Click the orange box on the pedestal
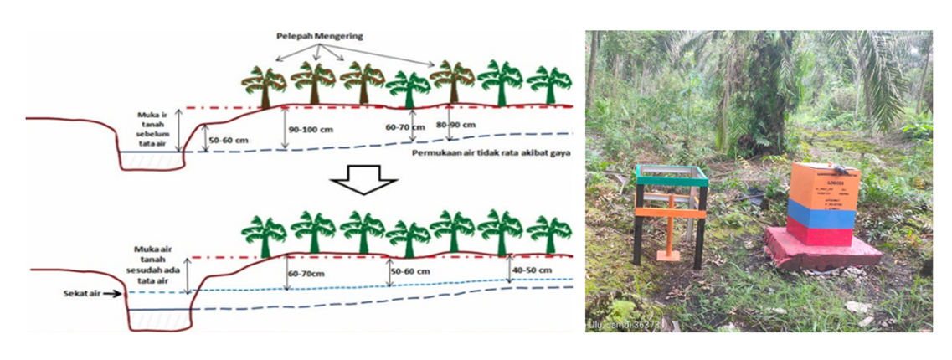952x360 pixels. pyautogui.click(x=825, y=184)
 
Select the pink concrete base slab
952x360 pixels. pyautogui.click(x=821, y=250)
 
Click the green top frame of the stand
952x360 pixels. pyautogui.click(x=671, y=175)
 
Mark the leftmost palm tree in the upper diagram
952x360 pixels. pyautogui.click(x=263, y=85)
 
